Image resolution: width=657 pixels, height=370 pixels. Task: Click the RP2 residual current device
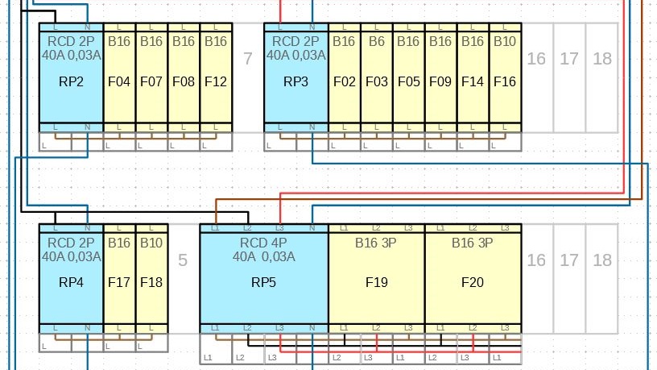pos(71,77)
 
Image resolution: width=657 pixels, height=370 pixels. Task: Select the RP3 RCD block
pos(296,77)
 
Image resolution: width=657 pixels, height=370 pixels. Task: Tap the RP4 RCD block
pos(71,278)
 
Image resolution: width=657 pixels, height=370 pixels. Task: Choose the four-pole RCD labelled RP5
pos(264,278)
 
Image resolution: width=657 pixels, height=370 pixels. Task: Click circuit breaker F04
pos(119,77)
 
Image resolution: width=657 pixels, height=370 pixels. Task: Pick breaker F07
pos(151,77)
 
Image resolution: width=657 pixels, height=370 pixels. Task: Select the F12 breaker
pos(216,77)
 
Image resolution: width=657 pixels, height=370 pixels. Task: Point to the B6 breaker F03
pos(377,77)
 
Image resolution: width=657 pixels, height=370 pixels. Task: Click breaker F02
pos(345,77)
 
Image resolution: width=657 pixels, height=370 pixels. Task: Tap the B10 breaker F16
pos(505,77)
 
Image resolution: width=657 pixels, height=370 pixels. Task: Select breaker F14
pos(473,77)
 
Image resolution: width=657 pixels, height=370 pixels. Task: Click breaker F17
pos(119,278)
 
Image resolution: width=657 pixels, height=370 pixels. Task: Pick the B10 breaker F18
pos(151,278)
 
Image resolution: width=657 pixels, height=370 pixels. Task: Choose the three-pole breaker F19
pos(377,278)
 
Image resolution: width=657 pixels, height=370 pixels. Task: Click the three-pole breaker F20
pos(473,278)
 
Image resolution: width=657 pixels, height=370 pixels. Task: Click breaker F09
pos(440,77)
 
